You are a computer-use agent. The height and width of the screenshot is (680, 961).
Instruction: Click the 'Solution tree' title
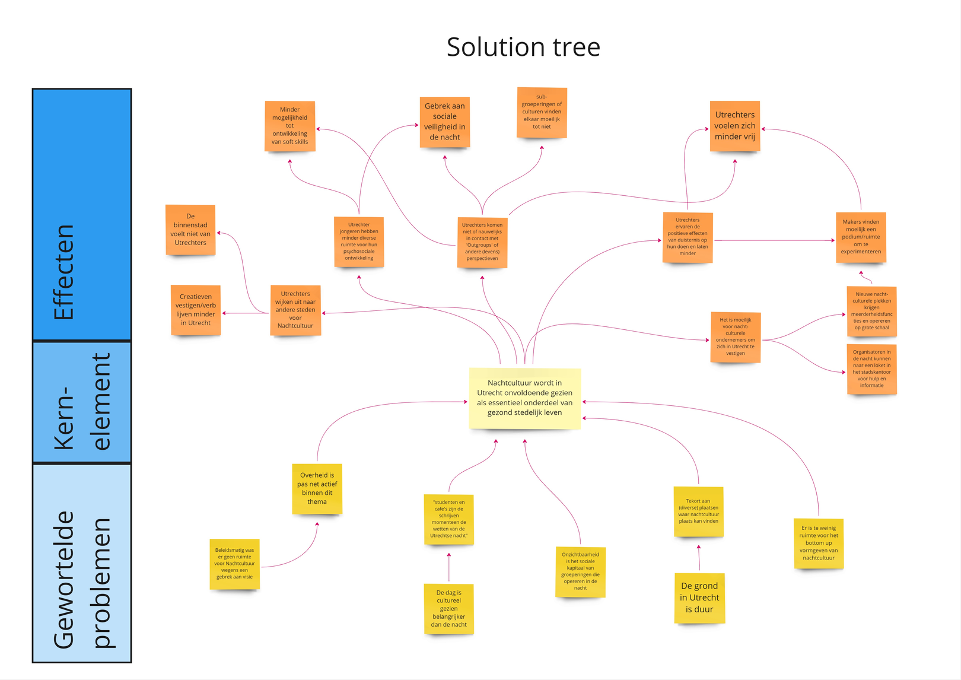click(523, 47)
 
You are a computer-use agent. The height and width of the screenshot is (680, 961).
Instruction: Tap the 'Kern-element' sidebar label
click(82, 402)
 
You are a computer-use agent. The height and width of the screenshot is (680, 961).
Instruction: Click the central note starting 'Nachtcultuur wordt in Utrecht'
click(524, 398)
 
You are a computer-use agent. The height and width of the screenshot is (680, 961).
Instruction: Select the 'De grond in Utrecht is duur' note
click(699, 598)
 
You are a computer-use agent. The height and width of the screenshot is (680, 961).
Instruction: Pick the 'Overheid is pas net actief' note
click(317, 488)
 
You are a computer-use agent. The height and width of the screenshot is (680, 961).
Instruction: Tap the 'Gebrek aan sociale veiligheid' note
click(444, 122)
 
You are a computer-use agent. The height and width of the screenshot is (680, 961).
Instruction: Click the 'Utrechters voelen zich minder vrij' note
click(734, 126)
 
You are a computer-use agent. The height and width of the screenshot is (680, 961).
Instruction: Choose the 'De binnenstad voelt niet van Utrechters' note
click(190, 230)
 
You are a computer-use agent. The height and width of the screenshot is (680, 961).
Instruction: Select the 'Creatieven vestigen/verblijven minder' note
click(196, 310)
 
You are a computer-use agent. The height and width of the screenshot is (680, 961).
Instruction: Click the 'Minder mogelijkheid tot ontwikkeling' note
click(289, 126)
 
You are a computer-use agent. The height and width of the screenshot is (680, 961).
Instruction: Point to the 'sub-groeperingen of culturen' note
click(542, 112)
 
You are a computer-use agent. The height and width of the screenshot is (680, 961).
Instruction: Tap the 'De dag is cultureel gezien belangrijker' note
click(448, 608)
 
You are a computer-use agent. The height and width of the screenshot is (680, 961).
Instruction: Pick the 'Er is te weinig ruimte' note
click(819, 543)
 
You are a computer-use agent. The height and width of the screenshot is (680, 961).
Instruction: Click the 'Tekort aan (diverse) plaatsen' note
click(698, 511)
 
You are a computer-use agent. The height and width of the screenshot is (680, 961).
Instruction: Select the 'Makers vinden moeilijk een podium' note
click(860, 237)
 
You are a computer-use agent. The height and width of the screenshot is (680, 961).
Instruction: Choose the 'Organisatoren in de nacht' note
click(871, 368)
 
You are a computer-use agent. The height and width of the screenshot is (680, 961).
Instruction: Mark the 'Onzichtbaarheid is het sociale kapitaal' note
click(580, 571)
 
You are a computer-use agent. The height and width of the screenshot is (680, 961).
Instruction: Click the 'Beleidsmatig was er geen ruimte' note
click(234, 564)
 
